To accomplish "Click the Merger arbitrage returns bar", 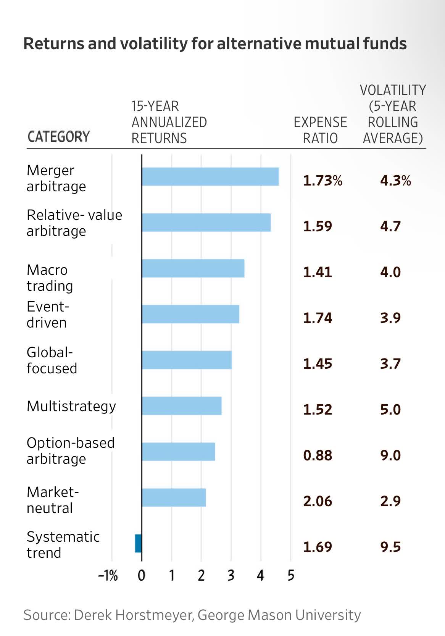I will [x=210, y=177].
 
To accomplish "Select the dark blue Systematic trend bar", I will [x=138, y=543].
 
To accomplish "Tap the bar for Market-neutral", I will [x=174, y=497].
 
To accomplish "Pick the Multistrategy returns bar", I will [x=181, y=406].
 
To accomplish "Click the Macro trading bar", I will [x=193, y=268].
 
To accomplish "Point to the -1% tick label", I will [x=108, y=576].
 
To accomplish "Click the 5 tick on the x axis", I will [x=291, y=576].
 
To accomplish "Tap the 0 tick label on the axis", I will [x=142, y=576].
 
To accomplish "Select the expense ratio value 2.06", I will [x=318, y=501].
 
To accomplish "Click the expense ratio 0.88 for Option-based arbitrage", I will [x=318, y=455].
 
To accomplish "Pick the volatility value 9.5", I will [x=390, y=547].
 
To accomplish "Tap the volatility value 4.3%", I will [x=395, y=181].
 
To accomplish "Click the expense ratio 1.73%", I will [x=322, y=181].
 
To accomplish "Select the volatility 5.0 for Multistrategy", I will [x=390, y=410].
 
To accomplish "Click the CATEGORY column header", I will [x=58, y=137].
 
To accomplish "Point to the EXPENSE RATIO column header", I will [x=320, y=130].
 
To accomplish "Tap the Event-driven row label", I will [x=48, y=315].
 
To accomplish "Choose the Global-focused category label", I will [x=52, y=360].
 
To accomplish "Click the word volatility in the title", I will [x=154, y=44].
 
